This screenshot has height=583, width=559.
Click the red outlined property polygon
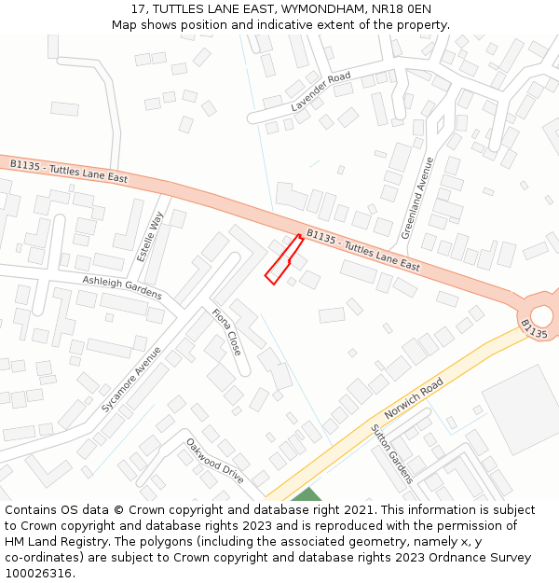(283, 260)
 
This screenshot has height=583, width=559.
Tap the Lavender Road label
(320, 91)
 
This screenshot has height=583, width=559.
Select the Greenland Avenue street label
(417, 198)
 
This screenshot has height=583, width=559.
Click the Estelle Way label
(150, 235)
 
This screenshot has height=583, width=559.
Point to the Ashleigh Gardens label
(121, 287)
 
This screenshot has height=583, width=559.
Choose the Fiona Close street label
(226, 332)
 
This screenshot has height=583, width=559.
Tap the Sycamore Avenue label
(131, 380)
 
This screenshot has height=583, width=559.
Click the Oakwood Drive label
(214, 462)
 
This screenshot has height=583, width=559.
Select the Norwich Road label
(413, 399)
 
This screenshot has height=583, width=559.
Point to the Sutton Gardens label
(391, 453)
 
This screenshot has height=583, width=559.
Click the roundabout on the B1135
(541, 314)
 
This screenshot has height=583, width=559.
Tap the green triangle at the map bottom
(306, 494)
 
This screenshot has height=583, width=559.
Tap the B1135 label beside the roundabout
(534, 329)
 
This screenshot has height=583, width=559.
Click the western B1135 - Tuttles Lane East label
(69, 171)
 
